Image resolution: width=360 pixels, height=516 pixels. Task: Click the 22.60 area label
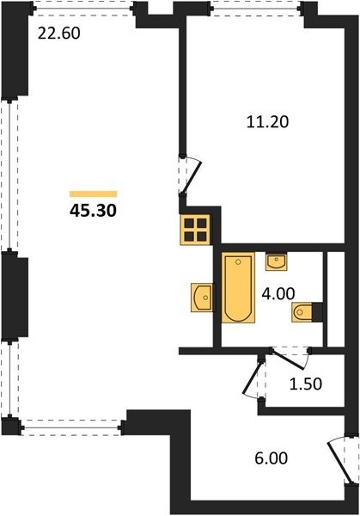[x=58, y=34]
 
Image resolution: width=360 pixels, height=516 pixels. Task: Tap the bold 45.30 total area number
[x=93, y=211]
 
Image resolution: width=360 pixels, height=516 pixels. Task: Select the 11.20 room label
[x=267, y=122]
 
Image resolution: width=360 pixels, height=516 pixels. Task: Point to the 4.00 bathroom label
[x=278, y=293]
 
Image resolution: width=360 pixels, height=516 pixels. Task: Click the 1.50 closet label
[x=306, y=384]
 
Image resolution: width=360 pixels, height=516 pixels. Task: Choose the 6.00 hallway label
[x=272, y=458]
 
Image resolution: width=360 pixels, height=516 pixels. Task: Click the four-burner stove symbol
[x=195, y=230]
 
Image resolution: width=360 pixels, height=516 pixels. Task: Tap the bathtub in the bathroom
[x=238, y=287]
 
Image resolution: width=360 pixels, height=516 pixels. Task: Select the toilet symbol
[x=302, y=312]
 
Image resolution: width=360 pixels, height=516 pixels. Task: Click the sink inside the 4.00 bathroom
[x=276, y=262]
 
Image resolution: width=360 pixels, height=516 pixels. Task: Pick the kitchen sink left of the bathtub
[x=202, y=298]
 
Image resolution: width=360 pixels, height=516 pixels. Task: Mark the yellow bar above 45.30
[x=94, y=193]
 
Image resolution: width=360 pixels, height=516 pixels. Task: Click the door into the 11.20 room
[x=189, y=175]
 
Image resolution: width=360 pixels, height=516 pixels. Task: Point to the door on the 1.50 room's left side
[x=254, y=379]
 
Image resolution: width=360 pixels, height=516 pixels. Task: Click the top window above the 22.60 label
[x=82, y=8]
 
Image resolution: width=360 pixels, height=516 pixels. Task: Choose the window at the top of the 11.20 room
[x=256, y=8]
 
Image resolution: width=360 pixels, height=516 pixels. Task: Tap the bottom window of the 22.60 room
[x=72, y=427]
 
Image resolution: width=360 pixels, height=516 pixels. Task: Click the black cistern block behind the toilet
[x=317, y=312]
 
